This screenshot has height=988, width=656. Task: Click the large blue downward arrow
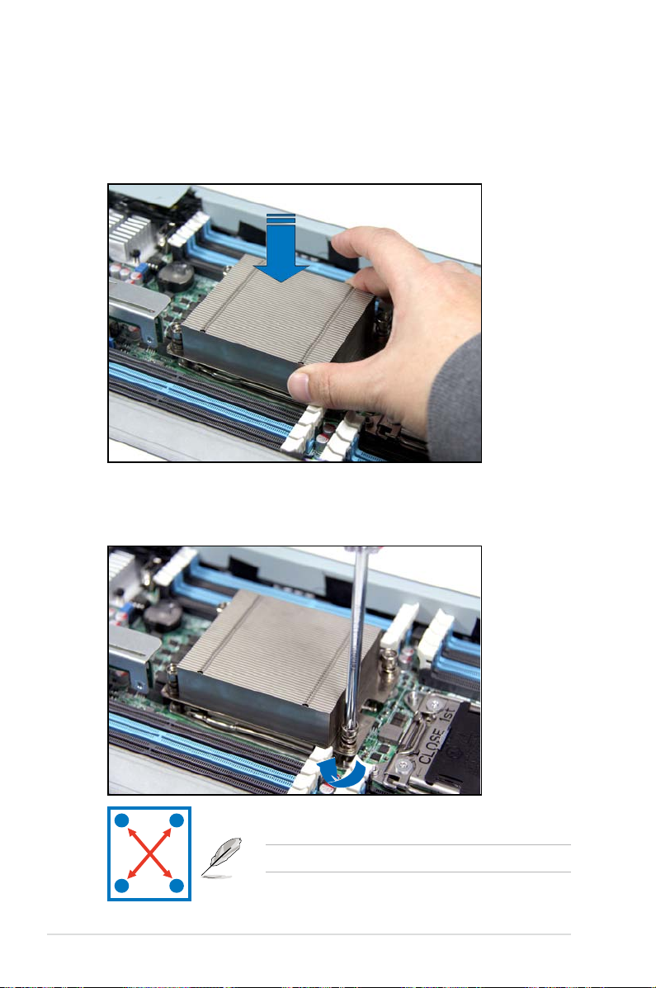(281, 249)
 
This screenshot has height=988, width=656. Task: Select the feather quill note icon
(221, 858)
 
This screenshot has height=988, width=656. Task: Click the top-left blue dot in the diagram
(122, 821)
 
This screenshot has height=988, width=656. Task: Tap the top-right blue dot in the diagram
(177, 821)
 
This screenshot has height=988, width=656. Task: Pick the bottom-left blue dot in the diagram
(122, 886)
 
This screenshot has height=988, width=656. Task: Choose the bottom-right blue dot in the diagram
(177, 886)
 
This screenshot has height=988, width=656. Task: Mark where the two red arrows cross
(149, 853)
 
